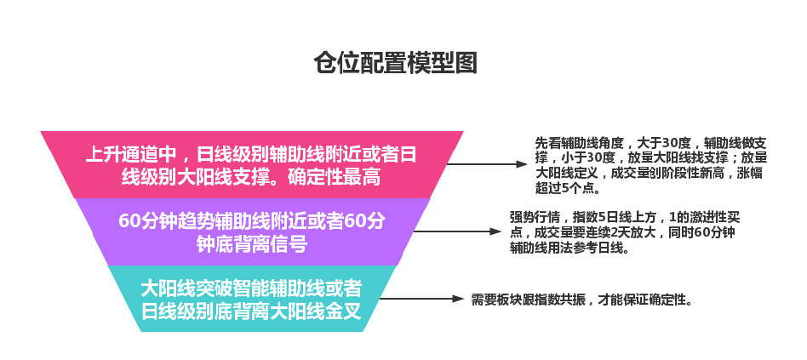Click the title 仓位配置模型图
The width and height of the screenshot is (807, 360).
click(x=395, y=63)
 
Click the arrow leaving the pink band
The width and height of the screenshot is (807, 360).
click(x=486, y=164)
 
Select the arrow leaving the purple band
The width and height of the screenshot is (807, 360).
click(x=457, y=232)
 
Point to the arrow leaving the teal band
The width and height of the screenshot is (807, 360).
click(x=421, y=299)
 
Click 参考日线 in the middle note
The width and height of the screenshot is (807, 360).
click(x=601, y=248)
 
